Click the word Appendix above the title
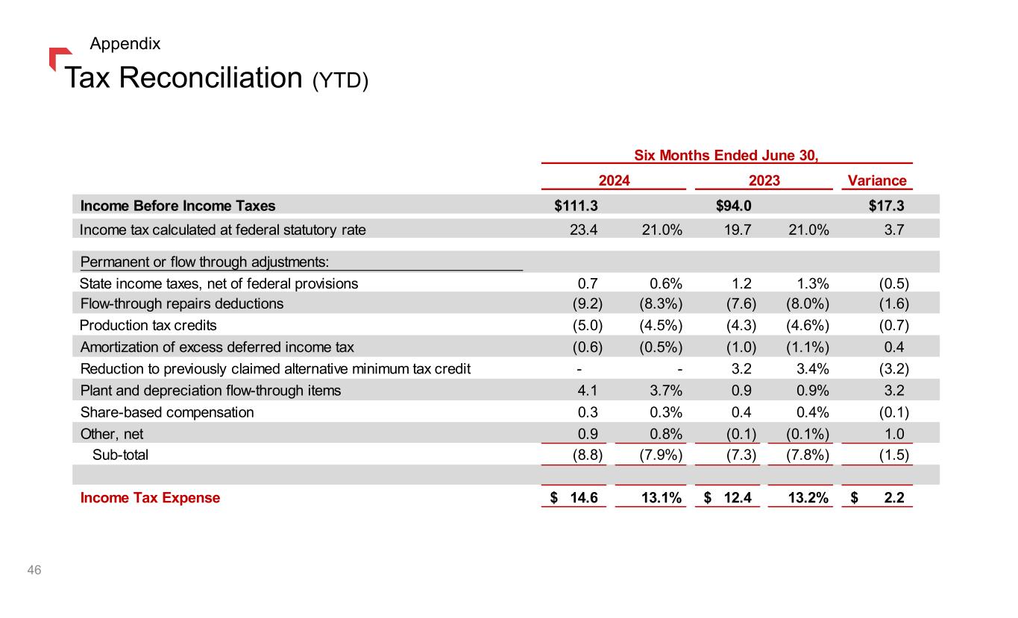point(125,44)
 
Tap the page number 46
point(34,570)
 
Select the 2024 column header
point(615,180)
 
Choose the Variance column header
point(877,180)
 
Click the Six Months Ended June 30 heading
point(726,155)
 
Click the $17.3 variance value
point(887,206)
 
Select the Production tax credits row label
point(148,325)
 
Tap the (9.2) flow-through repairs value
point(587,303)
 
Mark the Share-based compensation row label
point(166,412)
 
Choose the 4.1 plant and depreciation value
point(588,390)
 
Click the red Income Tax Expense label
point(150,498)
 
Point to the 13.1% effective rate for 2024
point(662,498)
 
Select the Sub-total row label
point(120,455)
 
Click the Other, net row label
point(112,433)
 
